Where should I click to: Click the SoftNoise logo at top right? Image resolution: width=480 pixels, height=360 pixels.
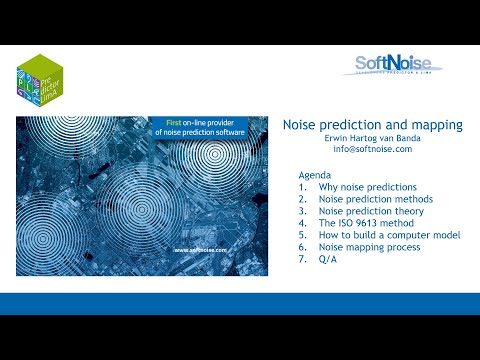pos(402,66)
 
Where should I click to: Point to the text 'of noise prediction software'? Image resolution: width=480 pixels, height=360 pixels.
pos(194,134)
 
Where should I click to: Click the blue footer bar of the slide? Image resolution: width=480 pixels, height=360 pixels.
pos(240,304)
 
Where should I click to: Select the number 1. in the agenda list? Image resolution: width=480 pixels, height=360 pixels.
pos(303,187)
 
